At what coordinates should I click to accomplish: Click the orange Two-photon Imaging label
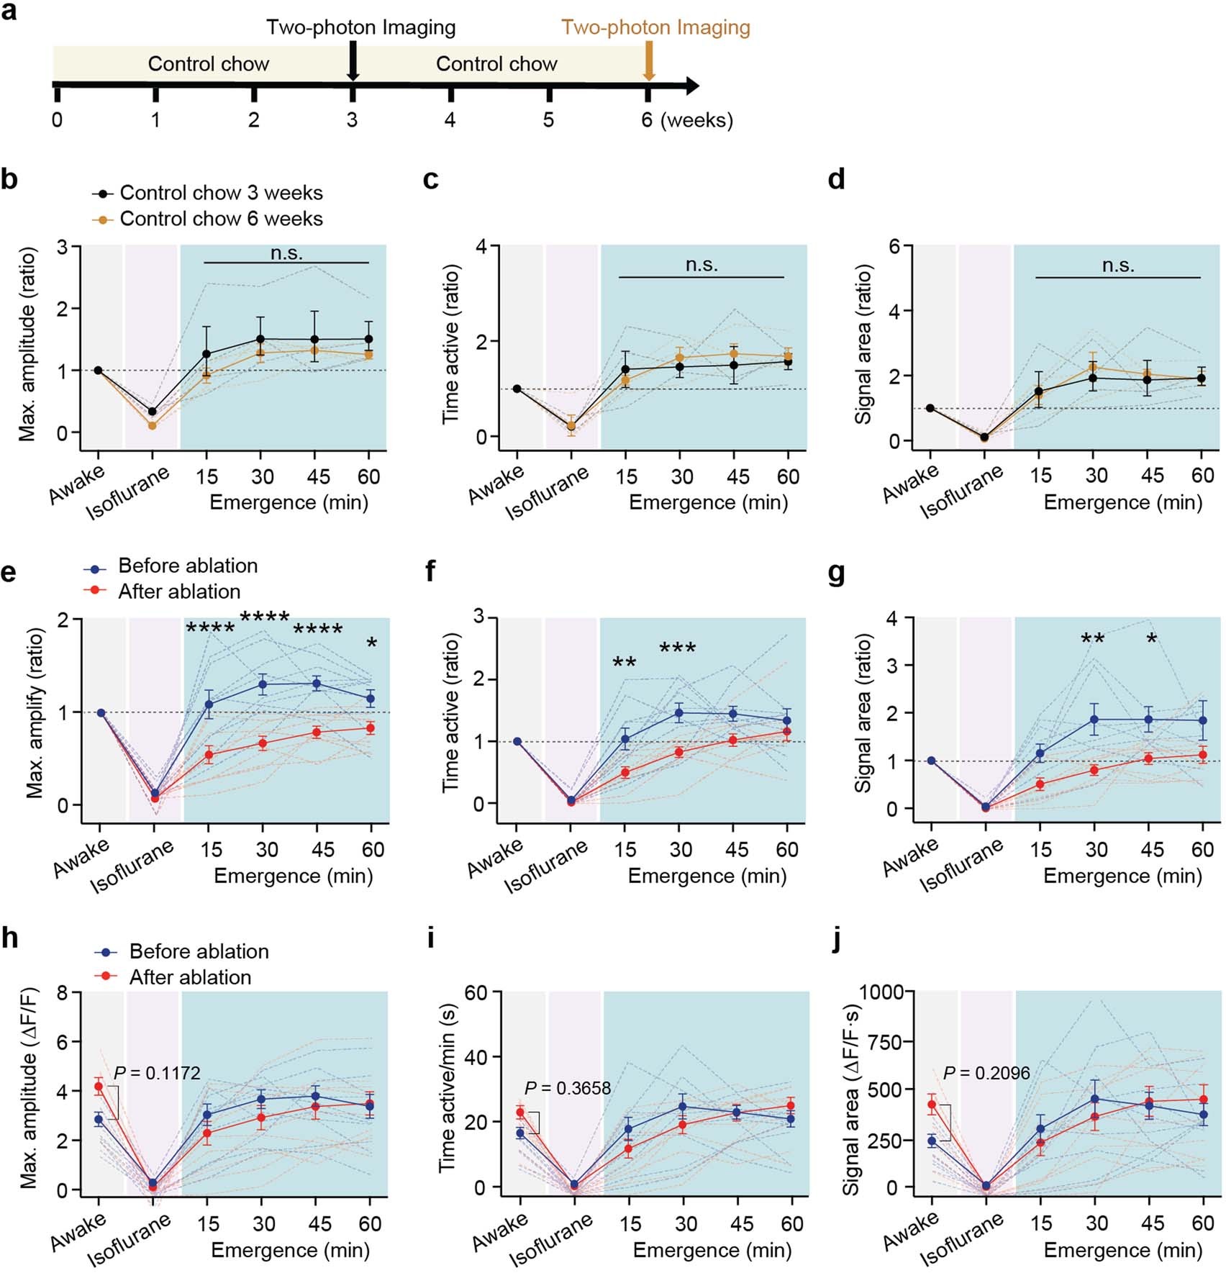click(x=655, y=27)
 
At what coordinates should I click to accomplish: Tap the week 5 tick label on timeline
click(x=548, y=119)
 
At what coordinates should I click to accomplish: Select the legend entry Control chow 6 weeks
click(x=221, y=219)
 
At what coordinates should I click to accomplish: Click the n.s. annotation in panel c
click(x=701, y=265)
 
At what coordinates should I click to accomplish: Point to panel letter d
click(x=836, y=178)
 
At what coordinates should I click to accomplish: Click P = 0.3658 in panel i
click(x=568, y=1088)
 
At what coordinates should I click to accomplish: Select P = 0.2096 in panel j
click(x=986, y=1073)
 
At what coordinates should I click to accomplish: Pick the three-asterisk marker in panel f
click(x=677, y=648)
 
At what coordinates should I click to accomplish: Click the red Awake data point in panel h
click(x=99, y=1087)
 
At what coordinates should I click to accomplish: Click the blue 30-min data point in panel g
click(x=1094, y=719)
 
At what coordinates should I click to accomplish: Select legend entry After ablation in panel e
click(x=179, y=592)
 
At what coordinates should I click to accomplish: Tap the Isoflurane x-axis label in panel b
click(x=128, y=493)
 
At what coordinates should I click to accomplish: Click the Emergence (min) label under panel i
click(x=712, y=1250)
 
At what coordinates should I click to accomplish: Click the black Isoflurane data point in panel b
click(x=153, y=412)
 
